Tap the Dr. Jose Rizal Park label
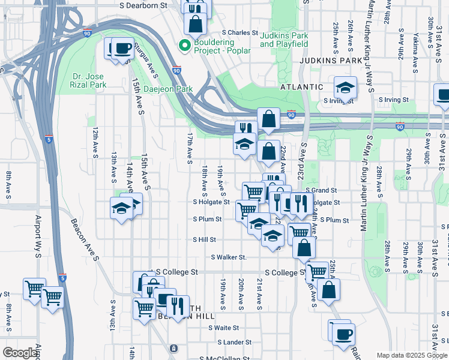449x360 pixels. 89,81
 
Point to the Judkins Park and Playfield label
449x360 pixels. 284,40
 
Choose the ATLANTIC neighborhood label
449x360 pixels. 302,87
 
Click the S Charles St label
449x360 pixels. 240,33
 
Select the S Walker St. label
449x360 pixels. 229,257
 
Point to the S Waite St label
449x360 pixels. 223,328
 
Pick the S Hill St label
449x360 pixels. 204,239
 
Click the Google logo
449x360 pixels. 20,353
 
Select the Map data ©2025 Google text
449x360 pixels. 412,355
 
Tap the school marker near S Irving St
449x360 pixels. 345,88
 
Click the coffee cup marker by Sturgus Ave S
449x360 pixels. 122,49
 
